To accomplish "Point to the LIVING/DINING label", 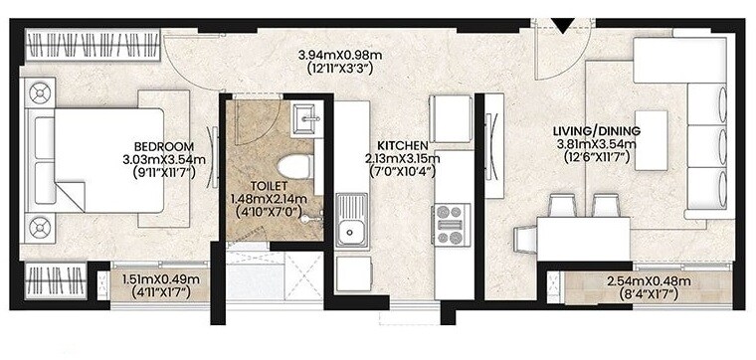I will click(x=596, y=130).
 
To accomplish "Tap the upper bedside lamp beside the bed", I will click(x=41, y=93).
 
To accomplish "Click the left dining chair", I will click(x=562, y=205).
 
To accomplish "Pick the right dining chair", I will click(x=603, y=205).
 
